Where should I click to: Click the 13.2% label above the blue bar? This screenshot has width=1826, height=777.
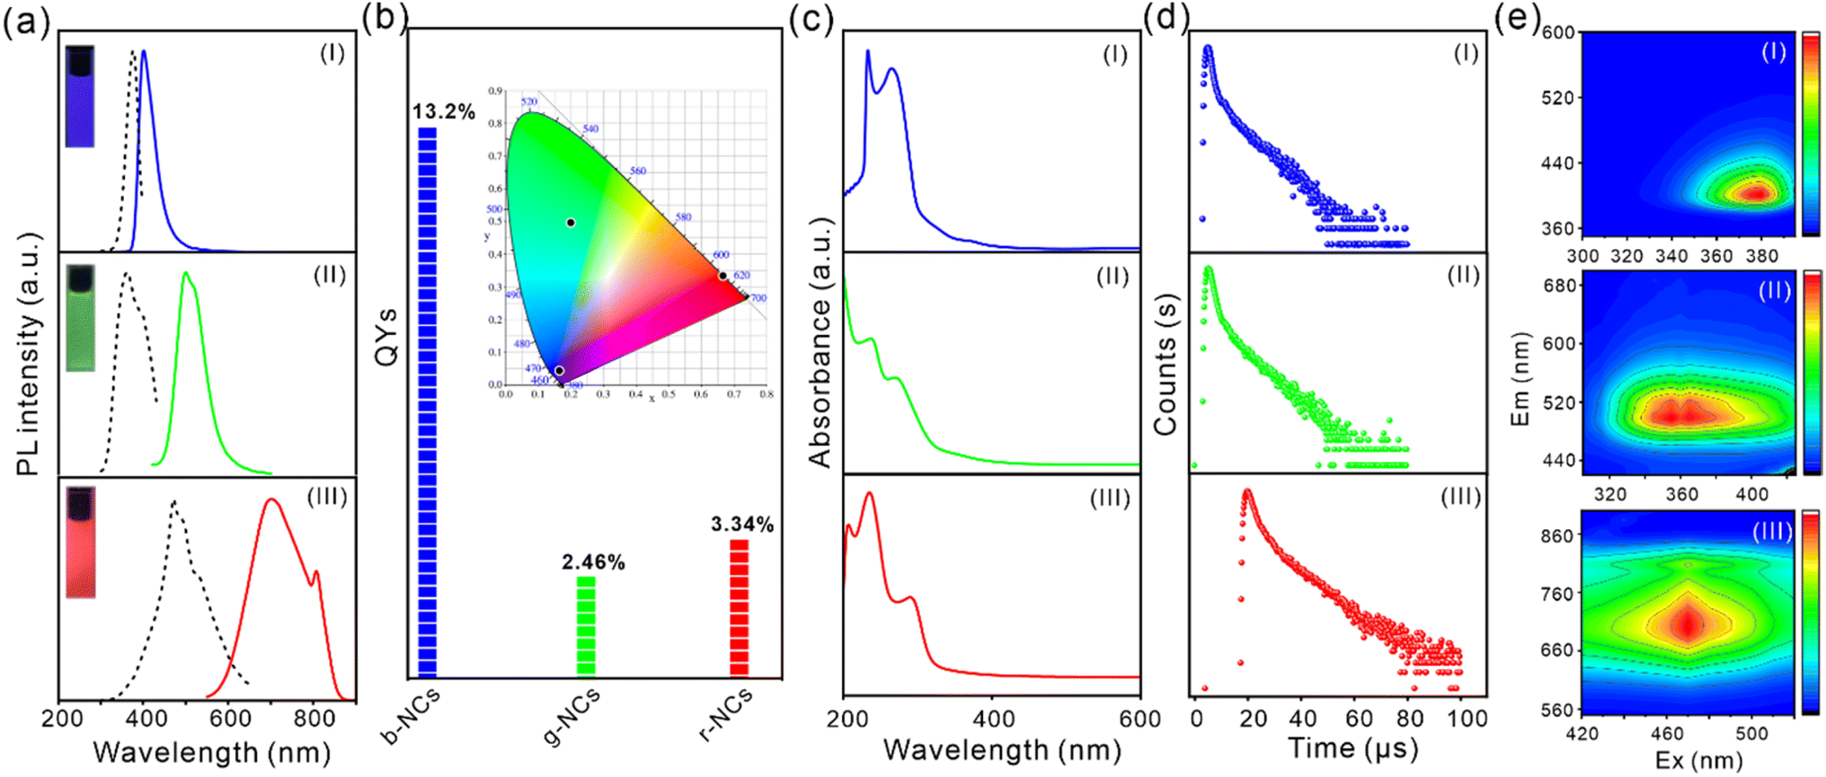[443, 112]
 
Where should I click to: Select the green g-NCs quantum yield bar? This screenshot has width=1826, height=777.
[586, 625]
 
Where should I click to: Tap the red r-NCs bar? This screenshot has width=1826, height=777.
[740, 607]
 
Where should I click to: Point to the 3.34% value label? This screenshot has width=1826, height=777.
[742, 525]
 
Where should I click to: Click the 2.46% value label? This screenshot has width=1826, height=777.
[593, 562]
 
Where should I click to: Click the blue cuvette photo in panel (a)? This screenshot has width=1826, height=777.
[80, 97]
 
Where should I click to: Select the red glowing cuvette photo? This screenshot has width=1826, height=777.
[81, 543]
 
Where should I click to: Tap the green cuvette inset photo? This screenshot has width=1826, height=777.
[81, 318]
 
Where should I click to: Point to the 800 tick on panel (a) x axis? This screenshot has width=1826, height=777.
[315, 719]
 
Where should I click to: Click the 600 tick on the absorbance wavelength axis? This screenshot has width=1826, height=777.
[1139, 720]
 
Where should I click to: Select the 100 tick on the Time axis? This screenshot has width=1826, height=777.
[1467, 719]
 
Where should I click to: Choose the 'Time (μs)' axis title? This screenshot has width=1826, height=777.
[1352, 748]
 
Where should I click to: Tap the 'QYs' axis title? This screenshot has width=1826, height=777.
[386, 338]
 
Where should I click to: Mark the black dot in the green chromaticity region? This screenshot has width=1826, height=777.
[571, 222]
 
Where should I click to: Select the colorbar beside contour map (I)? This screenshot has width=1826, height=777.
[1811, 134]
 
